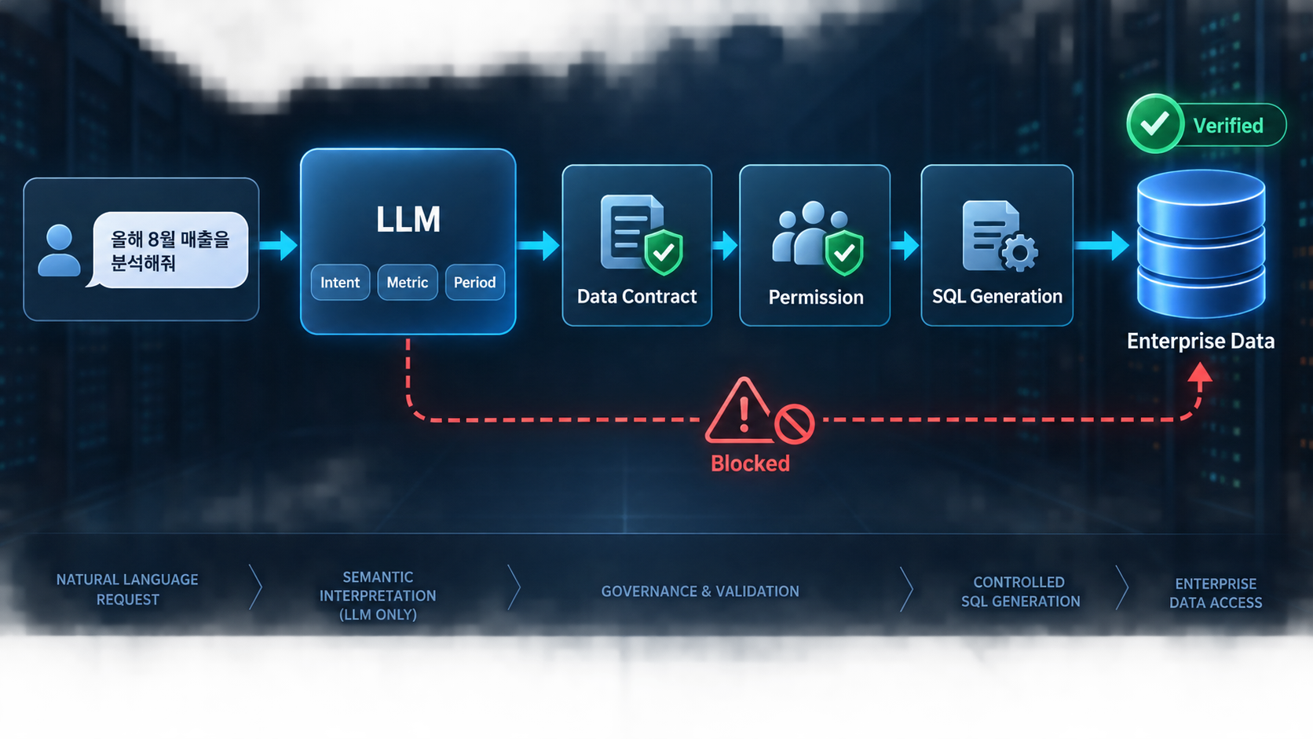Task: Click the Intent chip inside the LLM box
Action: tap(340, 283)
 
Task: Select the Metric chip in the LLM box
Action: tap(408, 283)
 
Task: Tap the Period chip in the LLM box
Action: tap(475, 283)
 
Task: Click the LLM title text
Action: tap(408, 220)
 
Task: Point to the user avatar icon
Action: tap(59, 251)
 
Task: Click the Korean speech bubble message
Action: tap(170, 251)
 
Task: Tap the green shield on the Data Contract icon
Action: tap(664, 252)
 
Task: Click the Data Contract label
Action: tap(637, 297)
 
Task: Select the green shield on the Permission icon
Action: tap(844, 253)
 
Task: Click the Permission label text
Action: tap(816, 298)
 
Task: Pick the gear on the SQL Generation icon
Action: tap(1019, 253)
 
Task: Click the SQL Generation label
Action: tap(997, 297)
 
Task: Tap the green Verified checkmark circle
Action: tap(1154, 123)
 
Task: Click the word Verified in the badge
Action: tap(1229, 126)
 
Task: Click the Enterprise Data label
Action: tap(1201, 341)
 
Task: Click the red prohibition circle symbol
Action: tap(794, 423)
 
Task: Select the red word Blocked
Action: tap(750, 463)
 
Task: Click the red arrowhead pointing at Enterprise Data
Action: tap(1200, 373)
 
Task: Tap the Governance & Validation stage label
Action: tap(700, 591)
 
